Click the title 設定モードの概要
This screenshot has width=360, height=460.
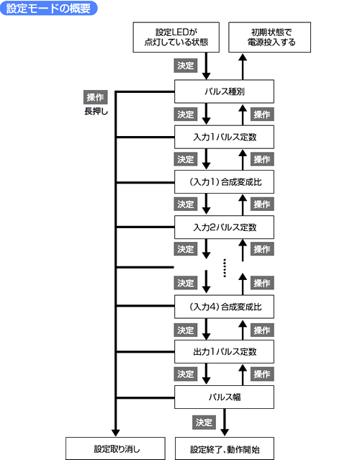coord(48,8)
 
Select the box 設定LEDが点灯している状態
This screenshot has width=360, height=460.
coord(176,37)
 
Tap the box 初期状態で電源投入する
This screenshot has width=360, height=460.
coord(269,37)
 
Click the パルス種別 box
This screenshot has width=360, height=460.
coord(224,91)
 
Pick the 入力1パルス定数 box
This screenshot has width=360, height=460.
coord(224,137)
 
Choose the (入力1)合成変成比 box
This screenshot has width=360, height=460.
coord(224,182)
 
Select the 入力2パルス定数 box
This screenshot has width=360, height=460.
coord(224,227)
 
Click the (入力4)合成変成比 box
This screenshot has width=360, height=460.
coord(224,307)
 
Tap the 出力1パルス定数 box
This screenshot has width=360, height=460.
coord(224,351)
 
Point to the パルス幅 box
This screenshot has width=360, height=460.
coord(224,397)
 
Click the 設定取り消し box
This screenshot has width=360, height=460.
coord(115,448)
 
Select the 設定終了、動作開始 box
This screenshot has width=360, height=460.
coord(225,448)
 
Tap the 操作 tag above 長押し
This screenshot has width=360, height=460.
coord(95,97)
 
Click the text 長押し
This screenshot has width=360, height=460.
coord(96,112)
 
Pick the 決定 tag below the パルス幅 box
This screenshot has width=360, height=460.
coord(204,423)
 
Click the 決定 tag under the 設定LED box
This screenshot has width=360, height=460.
coord(186,66)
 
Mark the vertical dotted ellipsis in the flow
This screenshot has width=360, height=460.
coord(225,268)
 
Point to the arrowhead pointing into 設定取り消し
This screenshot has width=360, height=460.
coord(116,433)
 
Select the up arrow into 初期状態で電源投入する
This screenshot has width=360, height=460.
coord(243,67)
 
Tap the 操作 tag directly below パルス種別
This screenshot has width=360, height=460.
coord(262,114)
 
